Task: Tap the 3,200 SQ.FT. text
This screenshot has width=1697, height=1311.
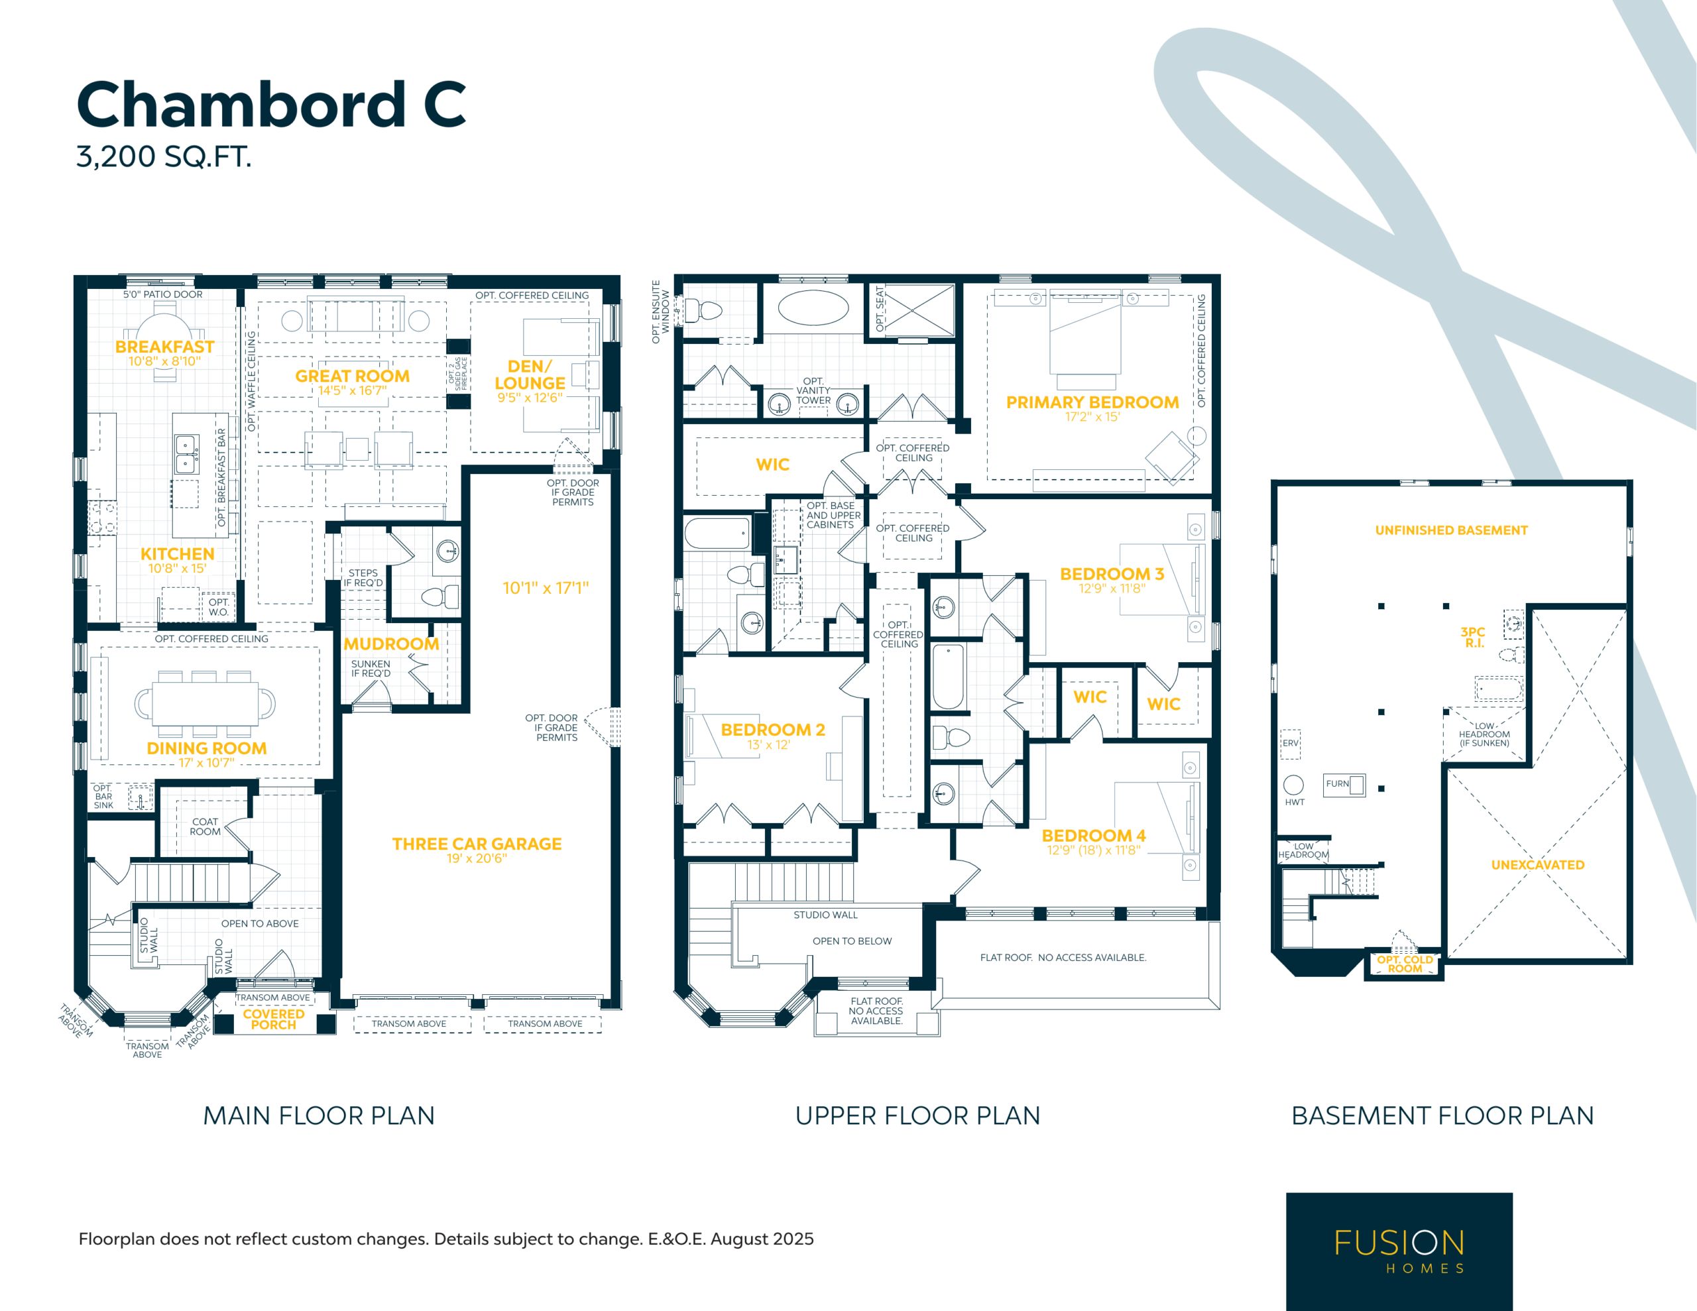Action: point(164,157)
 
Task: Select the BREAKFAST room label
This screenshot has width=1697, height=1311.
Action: point(164,347)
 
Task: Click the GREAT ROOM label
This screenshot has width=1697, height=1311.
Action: point(352,376)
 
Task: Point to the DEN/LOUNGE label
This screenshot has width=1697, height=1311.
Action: point(530,374)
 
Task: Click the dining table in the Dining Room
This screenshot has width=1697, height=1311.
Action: point(205,703)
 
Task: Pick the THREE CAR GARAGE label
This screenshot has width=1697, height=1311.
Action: point(477,844)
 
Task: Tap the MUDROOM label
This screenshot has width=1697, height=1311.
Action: point(391,644)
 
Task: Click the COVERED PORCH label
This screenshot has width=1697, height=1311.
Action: point(274,1019)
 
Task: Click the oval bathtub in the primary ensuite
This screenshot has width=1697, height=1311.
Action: point(813,308)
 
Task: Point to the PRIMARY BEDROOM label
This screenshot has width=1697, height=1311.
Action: point(1092,402)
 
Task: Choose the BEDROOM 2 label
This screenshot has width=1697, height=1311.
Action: point(772,730)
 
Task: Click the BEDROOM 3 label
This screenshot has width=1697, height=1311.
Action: point(1111,574)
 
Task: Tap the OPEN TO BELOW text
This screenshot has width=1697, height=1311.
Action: point(852,941)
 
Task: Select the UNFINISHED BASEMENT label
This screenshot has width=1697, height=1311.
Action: point(1450,531)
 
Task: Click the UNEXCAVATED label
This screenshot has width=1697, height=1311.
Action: point(1537,865)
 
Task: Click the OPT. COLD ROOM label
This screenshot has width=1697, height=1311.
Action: point(1404,964)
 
